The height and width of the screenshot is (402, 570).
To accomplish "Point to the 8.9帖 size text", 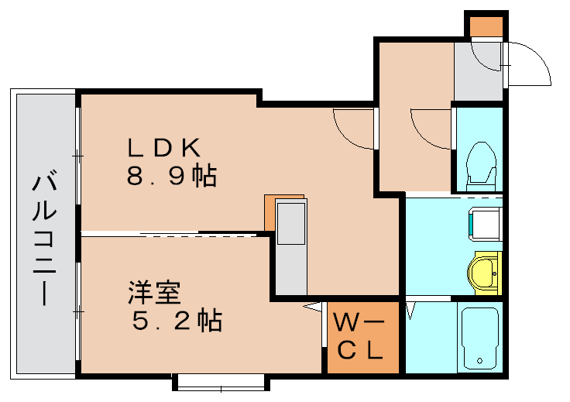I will [x=171, y=177].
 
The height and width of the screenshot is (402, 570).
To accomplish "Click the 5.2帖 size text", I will [x=175, y=320].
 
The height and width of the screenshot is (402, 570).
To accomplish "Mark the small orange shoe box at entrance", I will [x=486, y=26].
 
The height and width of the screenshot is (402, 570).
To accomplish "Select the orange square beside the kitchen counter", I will [x=271, y=211].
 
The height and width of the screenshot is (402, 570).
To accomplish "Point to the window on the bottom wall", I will [x=221, y=382].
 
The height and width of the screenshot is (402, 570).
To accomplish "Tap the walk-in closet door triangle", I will [x=314, y=308].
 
